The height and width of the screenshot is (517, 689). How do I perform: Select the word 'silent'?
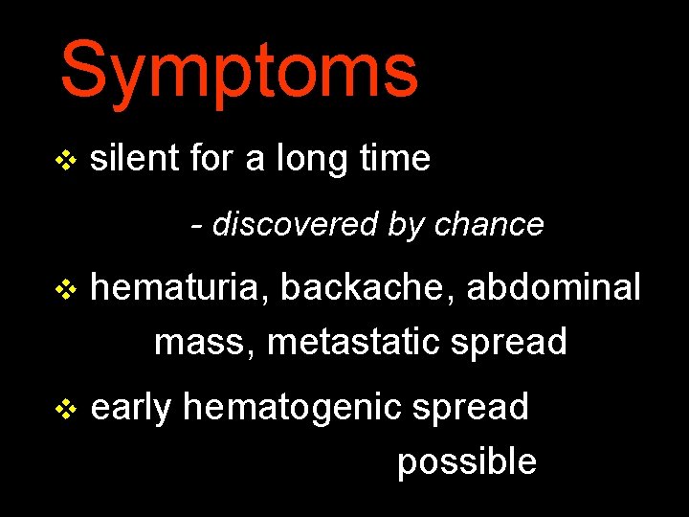tap(133, 158)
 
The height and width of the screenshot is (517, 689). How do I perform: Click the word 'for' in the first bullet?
tap(211, 158)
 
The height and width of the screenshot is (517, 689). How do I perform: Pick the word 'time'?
tap(395, 158)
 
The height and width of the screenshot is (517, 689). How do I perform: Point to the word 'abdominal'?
tap(553, 286)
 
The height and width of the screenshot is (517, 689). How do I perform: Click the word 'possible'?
tap(467, 462)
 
